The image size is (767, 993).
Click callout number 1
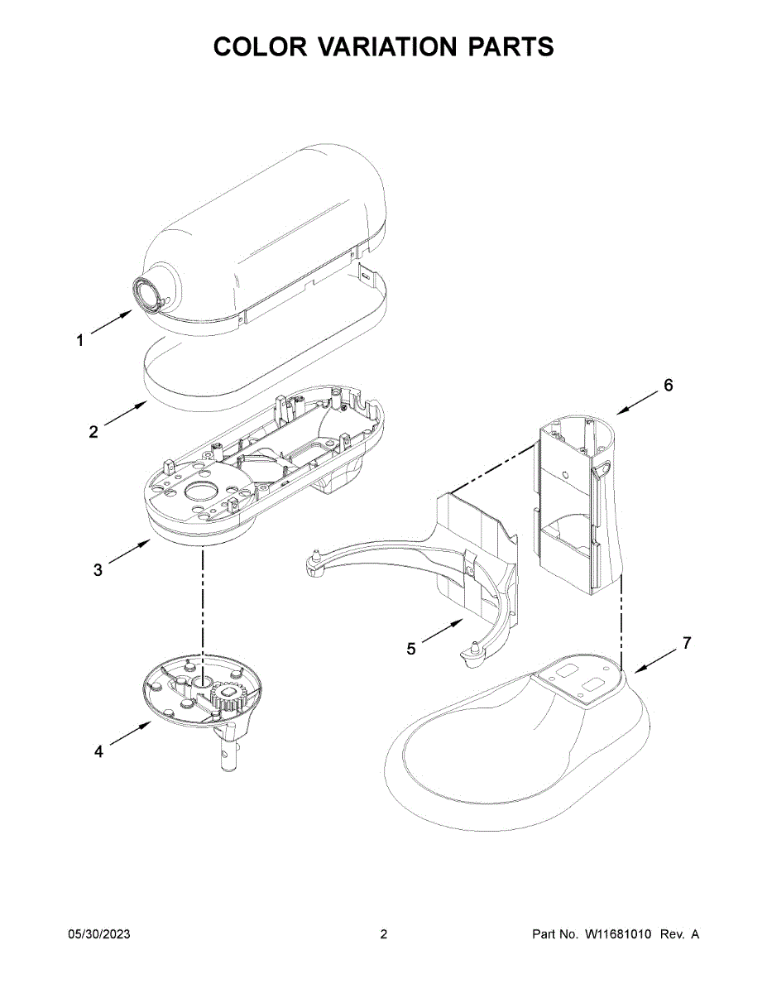pyautogui.click(x=80, y=340)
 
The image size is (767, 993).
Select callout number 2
pyautogui.click(x=93, y=431)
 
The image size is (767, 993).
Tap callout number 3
pyautogui.click(x=98, y=569)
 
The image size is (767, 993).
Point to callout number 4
pyautogui.click(x=98, y=751)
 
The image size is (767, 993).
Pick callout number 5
pyautogui.click(x=411, y=650)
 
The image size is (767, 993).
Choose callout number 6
pyautogui.click(x=668, y=385)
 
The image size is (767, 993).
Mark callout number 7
pyautogui.click(x=686, y=643)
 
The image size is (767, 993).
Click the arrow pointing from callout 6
pyautogui.click(x=635, y=402)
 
